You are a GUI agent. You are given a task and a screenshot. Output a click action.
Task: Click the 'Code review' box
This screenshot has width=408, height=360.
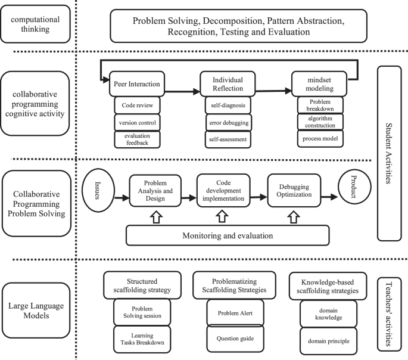pyautogui.click(x=137, y=105)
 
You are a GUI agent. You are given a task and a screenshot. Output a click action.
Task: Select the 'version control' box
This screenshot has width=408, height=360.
pyautogui.click(x=137, y=122)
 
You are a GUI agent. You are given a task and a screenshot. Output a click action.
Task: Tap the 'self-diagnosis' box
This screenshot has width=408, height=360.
pyautogui.click(x=228, y=105)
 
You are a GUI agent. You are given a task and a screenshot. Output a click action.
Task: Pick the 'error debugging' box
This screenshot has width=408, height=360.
pyautogui.click(x=229, y=122)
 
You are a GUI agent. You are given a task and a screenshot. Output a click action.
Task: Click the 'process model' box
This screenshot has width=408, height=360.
pyautogui.click(x=320, y=138)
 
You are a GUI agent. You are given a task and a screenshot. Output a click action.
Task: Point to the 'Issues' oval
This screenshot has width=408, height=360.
pyautogui.click(x=98, y=190)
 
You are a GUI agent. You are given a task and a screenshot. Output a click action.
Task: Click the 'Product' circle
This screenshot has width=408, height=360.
pyautogui.click(x=354, y=187)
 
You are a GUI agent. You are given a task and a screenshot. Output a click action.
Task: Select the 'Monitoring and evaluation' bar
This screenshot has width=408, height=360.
pyautogui.click(x=228, y=235)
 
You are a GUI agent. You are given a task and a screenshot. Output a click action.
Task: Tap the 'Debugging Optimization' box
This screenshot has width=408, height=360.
pyautogui.click(x=294, y=191)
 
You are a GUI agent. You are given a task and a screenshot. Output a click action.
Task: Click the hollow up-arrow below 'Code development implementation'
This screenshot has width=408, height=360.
pyautogui.click(x=222, y=216)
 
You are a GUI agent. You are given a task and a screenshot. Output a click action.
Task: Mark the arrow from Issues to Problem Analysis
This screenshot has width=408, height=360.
pyautogui.click(x=122, y=198)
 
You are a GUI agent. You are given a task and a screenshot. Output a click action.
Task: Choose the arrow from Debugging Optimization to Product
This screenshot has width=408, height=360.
pyautogui.click(x=329, y=197)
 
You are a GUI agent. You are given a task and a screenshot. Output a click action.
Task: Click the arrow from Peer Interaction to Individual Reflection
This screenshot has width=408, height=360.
pyautogui.click(x=182, y=91)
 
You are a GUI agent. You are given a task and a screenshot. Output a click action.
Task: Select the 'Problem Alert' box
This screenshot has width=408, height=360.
pyautogui.click(x=235, y=313)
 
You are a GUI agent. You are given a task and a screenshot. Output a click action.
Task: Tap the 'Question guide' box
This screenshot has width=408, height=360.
pyautogui.click(x=235, y=339)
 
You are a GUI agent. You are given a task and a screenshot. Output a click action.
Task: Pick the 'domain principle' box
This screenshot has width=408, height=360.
pyautogui.click(x=328, y=341)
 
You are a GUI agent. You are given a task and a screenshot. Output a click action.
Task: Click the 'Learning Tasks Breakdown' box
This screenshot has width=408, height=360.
pyautogui.click(x=142, y=339)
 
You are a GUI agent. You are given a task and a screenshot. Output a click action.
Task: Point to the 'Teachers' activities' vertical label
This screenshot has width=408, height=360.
pyautogui.click(x=389, y=314)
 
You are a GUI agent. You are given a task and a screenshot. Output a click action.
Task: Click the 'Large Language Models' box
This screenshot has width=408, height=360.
pyautogui.click(x=36, y=311)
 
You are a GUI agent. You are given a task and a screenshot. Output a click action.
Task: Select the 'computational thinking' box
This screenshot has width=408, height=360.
pyautogui.click(x=35, y=24)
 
